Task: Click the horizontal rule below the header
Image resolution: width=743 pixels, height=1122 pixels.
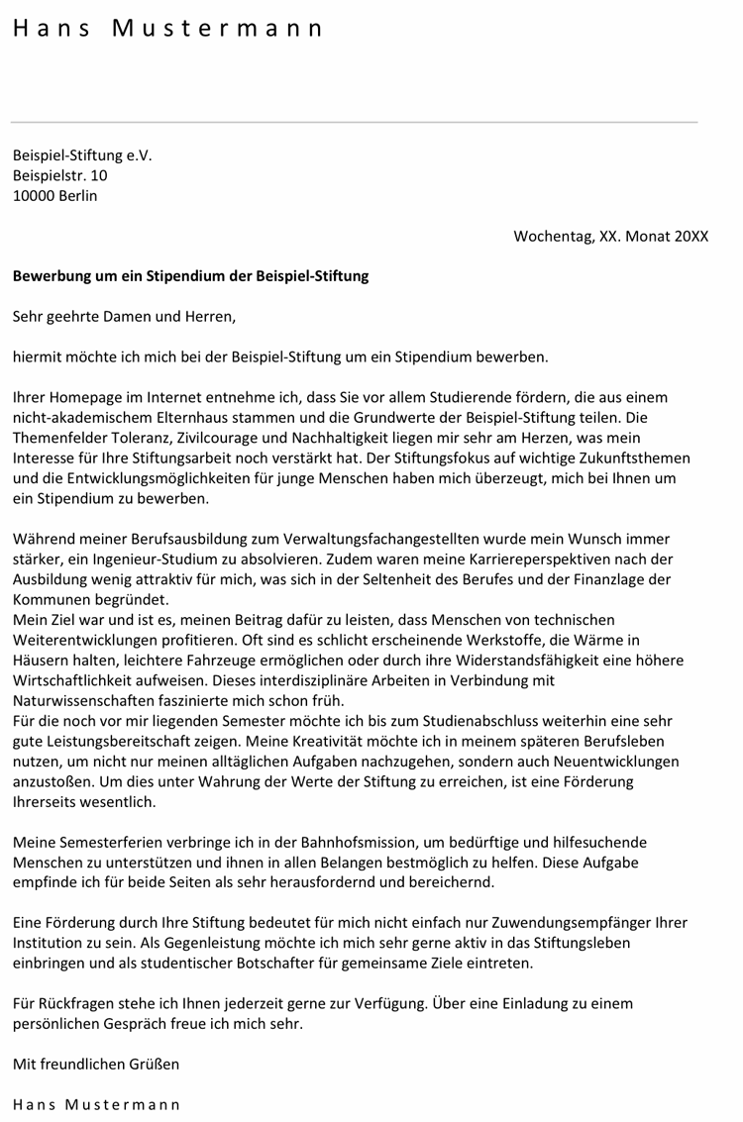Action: (354, 122)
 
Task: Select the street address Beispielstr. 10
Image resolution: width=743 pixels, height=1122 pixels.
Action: (60, 175)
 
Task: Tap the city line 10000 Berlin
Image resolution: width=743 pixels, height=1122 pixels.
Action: (55, 195)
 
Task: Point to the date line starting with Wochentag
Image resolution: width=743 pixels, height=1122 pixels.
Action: (610, 236)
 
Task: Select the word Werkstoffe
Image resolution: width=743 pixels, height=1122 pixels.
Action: (529, 640)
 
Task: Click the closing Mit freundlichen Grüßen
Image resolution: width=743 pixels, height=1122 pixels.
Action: (96, 1065)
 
